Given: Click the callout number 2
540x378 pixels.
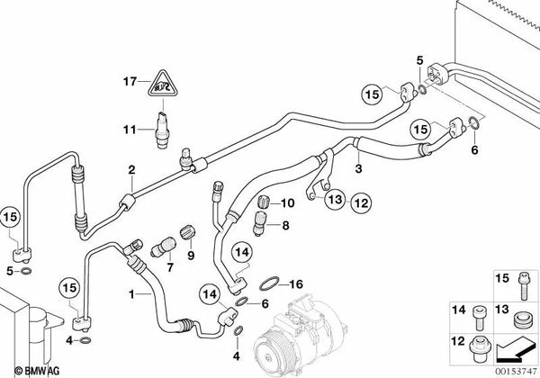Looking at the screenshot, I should click(131, 169).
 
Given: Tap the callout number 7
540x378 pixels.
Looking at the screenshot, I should click(168, 267).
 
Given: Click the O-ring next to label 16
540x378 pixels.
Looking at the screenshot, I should click(266, 284).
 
